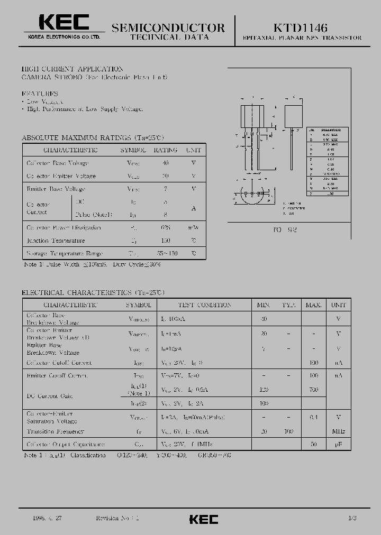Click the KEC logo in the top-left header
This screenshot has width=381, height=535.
63,23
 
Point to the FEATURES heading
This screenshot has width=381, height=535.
40,93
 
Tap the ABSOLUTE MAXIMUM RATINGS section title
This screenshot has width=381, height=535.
92,137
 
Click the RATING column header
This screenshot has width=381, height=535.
165,150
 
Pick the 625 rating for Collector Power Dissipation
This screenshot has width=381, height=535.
166,227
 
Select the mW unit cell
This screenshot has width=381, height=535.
193,227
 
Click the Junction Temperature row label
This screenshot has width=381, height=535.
55,241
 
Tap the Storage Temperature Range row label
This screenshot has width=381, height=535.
64,254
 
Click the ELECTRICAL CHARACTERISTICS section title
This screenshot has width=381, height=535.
93,292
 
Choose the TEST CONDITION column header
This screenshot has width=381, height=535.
204,305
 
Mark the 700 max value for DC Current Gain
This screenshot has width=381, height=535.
313,390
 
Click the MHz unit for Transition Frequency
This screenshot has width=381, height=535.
338,432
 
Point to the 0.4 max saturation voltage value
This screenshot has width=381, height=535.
313,417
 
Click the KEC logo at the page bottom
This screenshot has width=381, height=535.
204,520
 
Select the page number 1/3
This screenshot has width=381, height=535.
351,519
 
